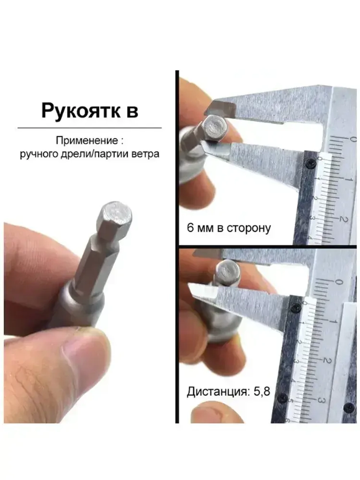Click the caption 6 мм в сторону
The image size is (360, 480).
click(x=229, y=228)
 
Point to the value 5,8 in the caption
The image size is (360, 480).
click(x=262, y=391)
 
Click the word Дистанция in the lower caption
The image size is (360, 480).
click(x=217, y=391)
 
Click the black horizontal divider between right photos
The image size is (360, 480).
click(x=268, y=247)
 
